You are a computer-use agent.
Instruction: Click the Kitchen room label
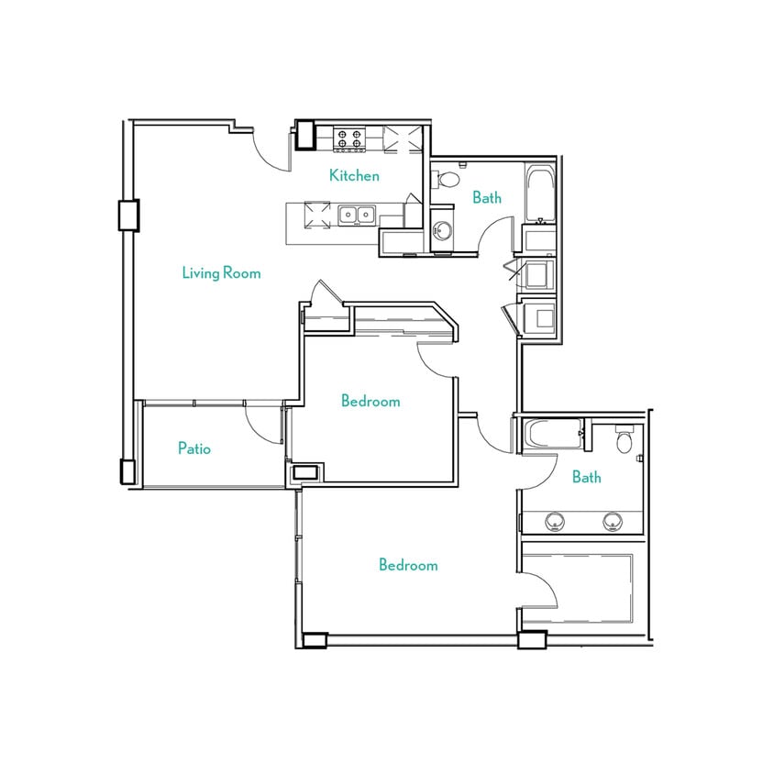tap(354, 175)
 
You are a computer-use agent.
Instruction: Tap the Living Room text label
tap(221, 272)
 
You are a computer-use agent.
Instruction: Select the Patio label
tap(194, 448)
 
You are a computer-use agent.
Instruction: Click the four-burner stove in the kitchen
tap(348, 138)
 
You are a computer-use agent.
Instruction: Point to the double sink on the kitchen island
tap(356, 215)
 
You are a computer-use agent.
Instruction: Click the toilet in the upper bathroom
tap(446, 179)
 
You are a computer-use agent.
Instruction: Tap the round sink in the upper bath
tap(443, 229)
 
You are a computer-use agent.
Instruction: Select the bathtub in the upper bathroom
tap(538, 193)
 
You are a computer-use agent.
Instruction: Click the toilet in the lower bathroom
tap(625, 441)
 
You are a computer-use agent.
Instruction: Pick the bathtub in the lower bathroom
tap(553, 435)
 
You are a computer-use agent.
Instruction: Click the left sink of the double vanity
tap(554, 522)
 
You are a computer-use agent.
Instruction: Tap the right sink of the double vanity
tap(612, 522)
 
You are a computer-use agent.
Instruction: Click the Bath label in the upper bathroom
tap(487, 197)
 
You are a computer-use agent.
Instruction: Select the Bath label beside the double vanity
tap(587, 477)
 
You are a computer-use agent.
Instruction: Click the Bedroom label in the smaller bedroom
tap(370, 401)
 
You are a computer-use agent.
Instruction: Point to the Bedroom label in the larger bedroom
tap(408, 565)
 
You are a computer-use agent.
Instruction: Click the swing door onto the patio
tap(265, 424)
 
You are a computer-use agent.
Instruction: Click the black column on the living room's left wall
tap(127, 215)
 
